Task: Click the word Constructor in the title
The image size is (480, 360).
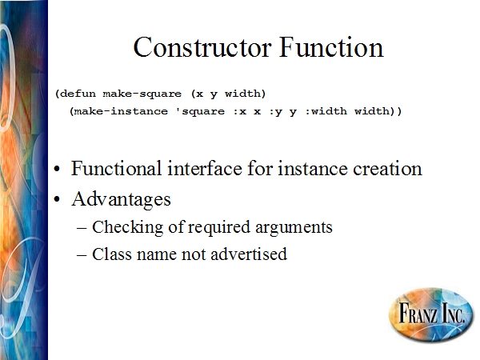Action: coord(202,47)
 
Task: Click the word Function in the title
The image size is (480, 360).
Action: coord(331,47)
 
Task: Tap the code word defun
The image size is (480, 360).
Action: coord(78,93)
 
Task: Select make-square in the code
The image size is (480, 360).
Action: coord(142,94)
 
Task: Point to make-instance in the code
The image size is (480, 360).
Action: coord(121,111)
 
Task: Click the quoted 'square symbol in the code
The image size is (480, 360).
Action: coord(200,111)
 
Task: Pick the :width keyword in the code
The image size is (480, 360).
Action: coord(326,111)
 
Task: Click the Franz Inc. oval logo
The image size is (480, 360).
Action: coord(431,314)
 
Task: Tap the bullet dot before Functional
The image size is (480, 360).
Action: coord(57,169)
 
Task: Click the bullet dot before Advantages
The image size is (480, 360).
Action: coord(57,199)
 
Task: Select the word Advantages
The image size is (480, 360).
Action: coord(121,199)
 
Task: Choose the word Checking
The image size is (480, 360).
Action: coord(127,228)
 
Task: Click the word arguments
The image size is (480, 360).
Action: coord(294,228)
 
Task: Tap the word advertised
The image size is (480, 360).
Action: coord(249,254)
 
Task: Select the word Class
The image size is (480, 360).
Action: coord(112,254)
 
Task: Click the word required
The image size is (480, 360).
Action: coord(218,228)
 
